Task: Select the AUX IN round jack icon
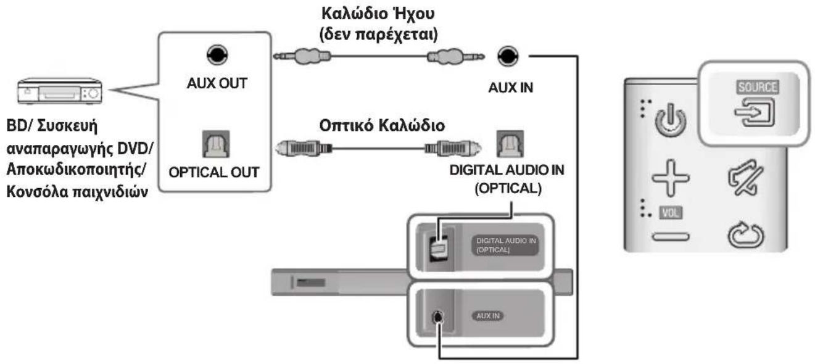pyautogui.click(x=507, y=56)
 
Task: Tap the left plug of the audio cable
pyautogui.click(x=302, y=56)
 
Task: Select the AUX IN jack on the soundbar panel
pyautogui.click(x=437, y=316)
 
